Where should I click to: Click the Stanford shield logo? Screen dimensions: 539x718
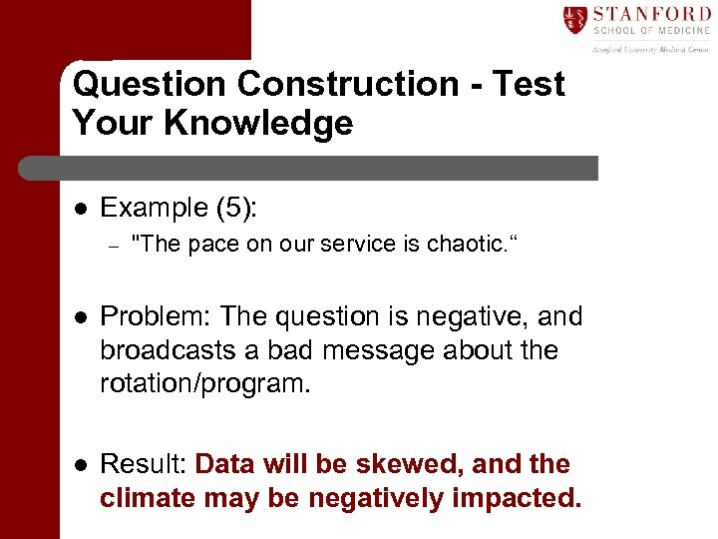click(574, 19)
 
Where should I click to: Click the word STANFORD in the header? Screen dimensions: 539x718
click(651, 14)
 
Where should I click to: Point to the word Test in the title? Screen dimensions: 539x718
click(528, 84)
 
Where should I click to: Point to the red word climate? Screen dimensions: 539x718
click(147, 498)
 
